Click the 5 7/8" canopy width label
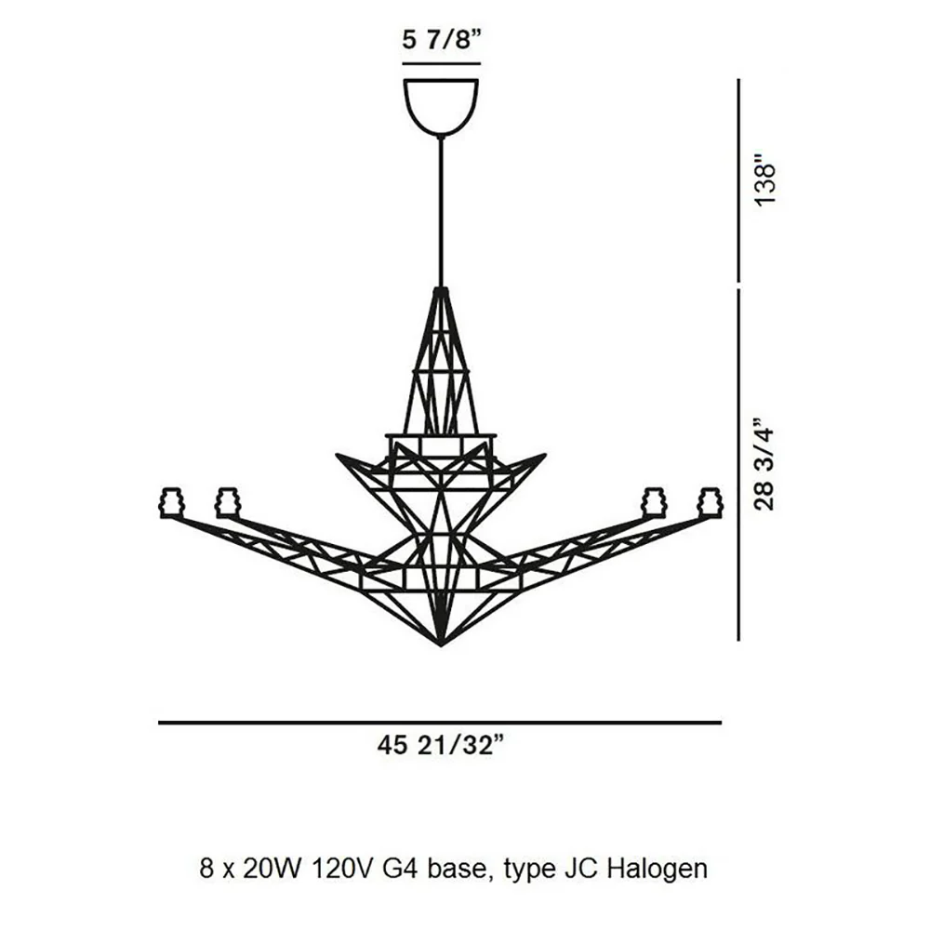click(x=440, y=41)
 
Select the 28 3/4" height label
click(x=764, y=465)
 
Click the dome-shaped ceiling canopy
click(x=441, y=107)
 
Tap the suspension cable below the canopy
click(x=440, y=212)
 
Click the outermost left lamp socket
click(x=171, y=502)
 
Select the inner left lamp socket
click(x=228, y=502)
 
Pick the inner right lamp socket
click(x=654, y=502)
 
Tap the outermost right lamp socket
click(x=711, y=502)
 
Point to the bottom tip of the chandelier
click(x=440, y=645)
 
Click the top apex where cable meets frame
click(x=440, y=290)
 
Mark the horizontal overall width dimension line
click(x=440, y=723)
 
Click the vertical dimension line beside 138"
click(x=738, y=180)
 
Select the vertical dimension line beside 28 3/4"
click(x=738, y=464)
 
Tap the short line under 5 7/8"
click(x=441, y=63)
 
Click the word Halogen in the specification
click(x=658, y=870)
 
